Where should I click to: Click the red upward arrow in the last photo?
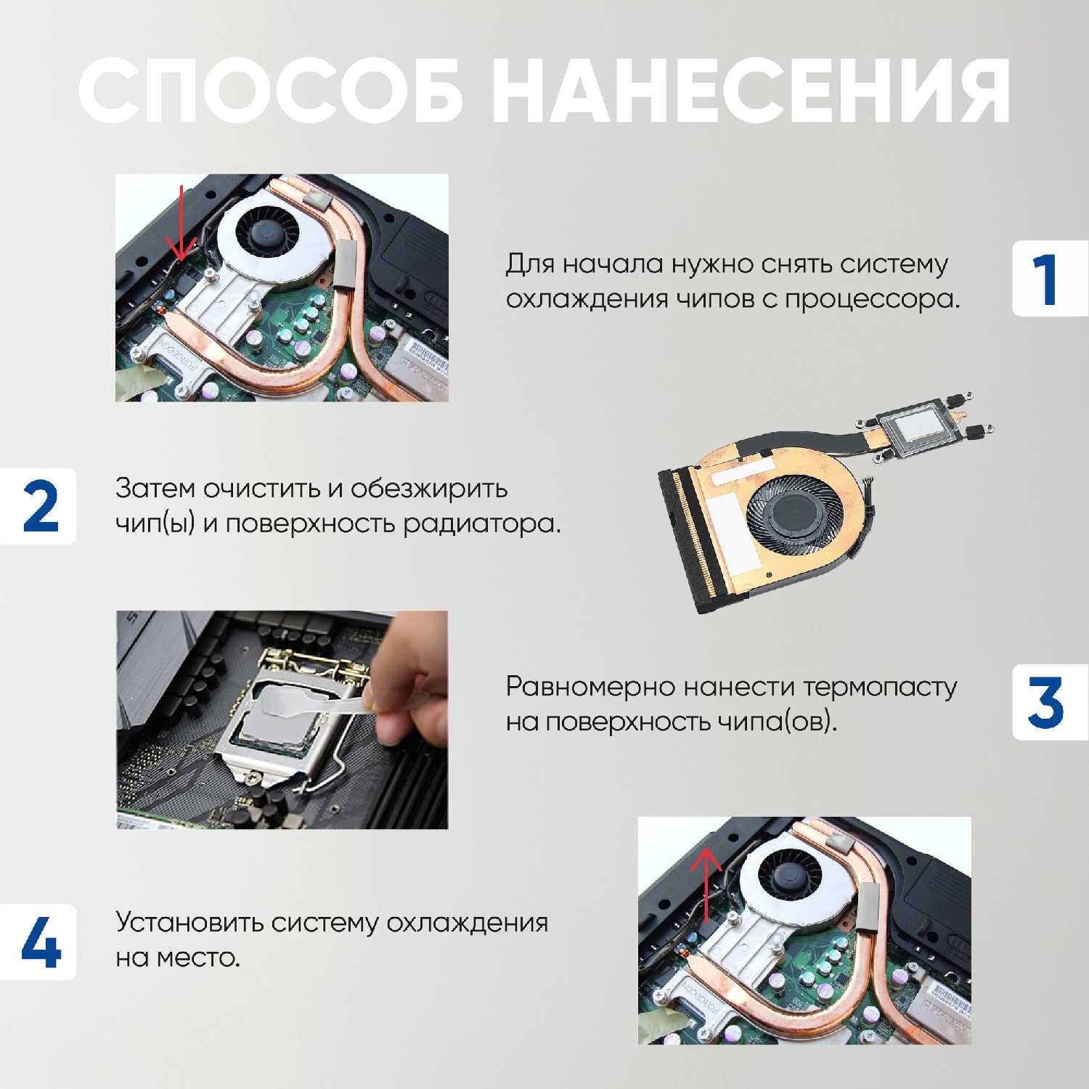[x=705, y=884]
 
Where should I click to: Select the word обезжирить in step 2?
[x=429, y=489]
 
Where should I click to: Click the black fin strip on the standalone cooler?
[x=685, y=537]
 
